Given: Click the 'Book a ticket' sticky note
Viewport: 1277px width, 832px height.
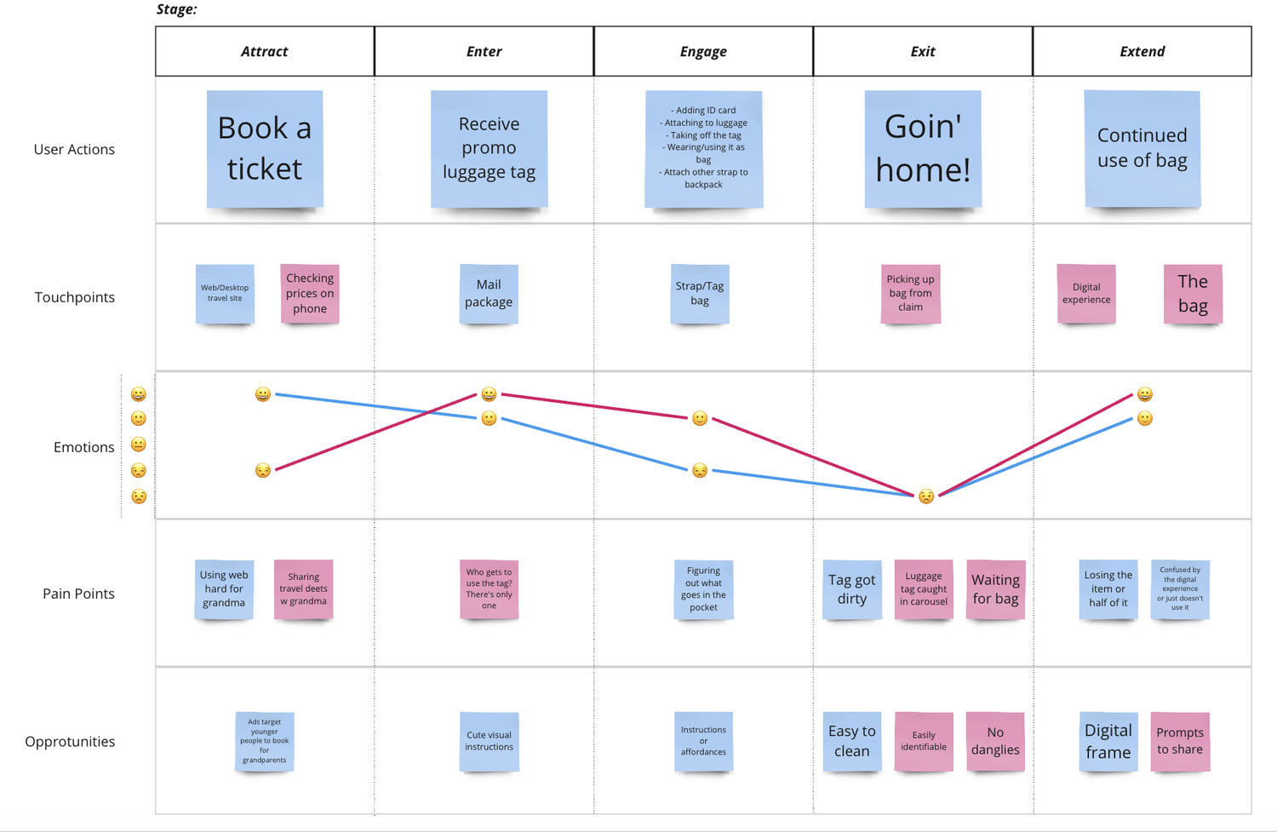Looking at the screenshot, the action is (265, 149).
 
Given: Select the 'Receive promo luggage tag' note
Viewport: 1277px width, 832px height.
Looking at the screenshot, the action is (490, 149).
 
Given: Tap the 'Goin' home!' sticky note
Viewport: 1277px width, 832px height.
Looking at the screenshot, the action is (923, 149).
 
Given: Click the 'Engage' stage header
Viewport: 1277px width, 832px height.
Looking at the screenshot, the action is (703, 51).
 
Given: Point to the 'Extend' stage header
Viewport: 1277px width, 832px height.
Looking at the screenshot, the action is (1142, 51).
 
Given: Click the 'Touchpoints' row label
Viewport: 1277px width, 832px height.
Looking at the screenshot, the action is (75, 297).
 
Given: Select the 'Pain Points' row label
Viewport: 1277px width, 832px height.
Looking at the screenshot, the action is (78, 594).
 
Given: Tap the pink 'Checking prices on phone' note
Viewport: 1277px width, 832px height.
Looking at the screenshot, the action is (310, 294).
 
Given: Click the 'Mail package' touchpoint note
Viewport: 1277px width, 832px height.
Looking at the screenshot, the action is (489, 294).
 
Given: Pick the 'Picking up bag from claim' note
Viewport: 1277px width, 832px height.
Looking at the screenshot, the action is (910, 294).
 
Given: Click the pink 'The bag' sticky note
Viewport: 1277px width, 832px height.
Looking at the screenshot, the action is (1193, 294).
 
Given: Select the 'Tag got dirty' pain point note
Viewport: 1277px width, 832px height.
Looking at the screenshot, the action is (852, 589).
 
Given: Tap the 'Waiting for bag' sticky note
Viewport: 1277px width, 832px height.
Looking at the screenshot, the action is (995, 589).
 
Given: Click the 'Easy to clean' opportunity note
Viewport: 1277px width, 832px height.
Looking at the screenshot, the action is (852, 742).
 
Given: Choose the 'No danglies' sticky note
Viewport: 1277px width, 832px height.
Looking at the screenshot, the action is (995, 742).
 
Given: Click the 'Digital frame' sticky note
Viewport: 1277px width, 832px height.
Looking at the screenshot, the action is (1108, 742).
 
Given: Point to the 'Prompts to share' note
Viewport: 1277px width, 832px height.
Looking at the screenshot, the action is (1180, 742).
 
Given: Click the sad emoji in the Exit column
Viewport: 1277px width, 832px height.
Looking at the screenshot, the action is (926, 496).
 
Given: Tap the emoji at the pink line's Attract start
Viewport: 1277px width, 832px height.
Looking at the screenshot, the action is (263, 470).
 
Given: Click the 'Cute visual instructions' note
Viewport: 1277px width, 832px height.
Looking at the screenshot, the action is (490, 742).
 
